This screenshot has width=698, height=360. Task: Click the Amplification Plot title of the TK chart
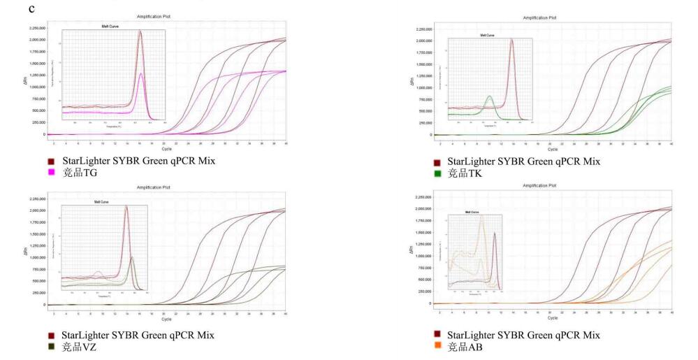[x=553, y=17]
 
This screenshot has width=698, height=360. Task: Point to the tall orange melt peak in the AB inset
[x=481, y=217]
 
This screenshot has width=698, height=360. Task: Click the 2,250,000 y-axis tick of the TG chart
[x=36, y=28]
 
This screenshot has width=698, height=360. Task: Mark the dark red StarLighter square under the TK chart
[x=437, y=161]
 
